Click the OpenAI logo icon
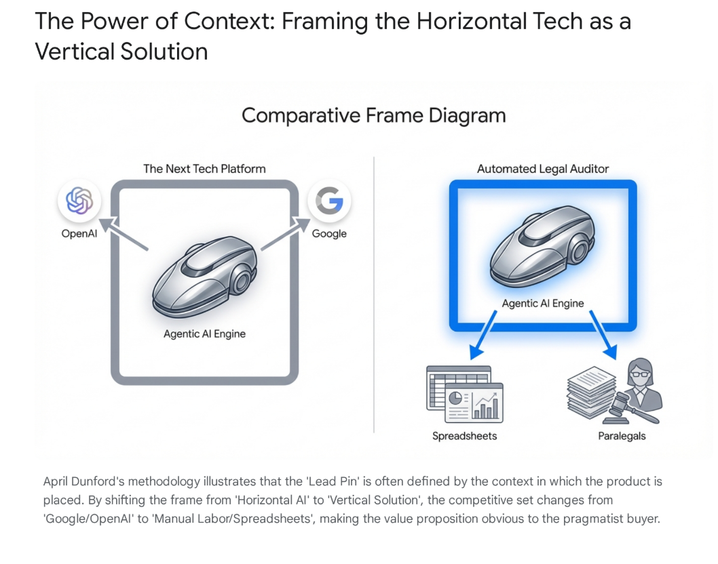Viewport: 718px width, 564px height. pyautogui.click(x=79, y=201)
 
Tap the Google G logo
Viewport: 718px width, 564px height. pyautogui.click(x=329, y=201)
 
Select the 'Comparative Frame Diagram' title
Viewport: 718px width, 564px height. pyautogui.click(x=373, y=115)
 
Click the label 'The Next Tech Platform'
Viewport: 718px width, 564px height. pyautogui.click(x=204, y=168)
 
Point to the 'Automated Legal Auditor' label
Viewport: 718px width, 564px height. pyautogui.click(x=542, y=169)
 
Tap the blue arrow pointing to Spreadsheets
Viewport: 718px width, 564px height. pyautogui.click(x=487, y=333)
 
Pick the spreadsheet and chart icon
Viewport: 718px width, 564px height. pyautogui.click(x=465, y=394)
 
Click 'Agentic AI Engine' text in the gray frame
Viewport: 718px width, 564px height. pyautogui.click(x=204, y=334)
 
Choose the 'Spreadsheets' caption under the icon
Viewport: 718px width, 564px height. pyautogui.click(x=465, y=436)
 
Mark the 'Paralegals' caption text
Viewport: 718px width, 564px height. pyautogui.click(x=622, y=436)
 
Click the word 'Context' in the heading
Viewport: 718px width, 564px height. pyautogui.click(x=223, y=22)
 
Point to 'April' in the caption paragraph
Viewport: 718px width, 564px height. pyautogui.click(x=57, y=482)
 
